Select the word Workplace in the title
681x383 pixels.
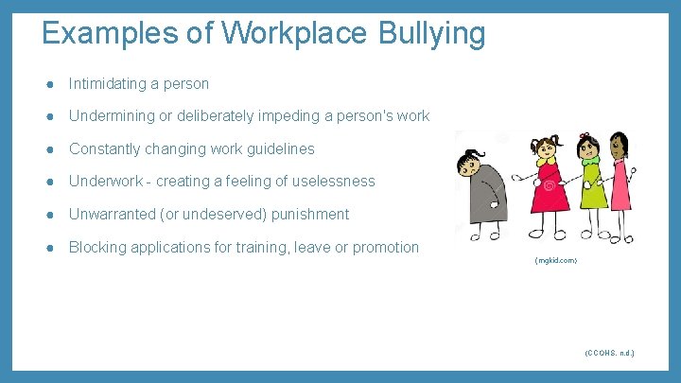[x=297, y=34]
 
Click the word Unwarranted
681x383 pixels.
[x=113, y=214]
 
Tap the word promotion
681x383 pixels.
[x=385, y=247]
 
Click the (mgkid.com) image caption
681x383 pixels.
[x=555, y=260]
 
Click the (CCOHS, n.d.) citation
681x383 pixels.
[x=609, y=353]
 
